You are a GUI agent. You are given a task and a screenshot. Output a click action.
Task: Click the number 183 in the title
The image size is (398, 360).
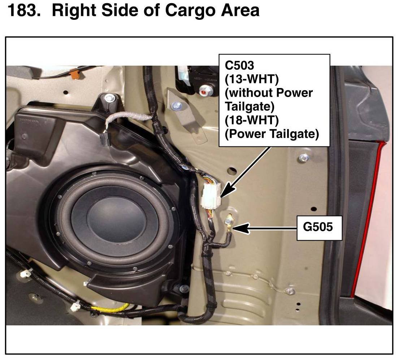tap(24, 10)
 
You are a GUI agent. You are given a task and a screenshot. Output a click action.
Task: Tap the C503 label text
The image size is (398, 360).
tap(239, 65)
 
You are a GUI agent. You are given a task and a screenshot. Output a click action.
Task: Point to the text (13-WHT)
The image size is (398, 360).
tap(251, 79)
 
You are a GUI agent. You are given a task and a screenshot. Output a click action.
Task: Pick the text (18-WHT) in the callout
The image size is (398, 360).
tap(251, 120)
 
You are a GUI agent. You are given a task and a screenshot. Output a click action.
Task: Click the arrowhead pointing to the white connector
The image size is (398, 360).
tap(227, 190)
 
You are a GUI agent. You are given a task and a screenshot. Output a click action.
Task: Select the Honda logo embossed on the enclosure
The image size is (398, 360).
tap(30, 121)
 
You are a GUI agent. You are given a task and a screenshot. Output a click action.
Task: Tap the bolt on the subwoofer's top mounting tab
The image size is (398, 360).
tap(109, 98)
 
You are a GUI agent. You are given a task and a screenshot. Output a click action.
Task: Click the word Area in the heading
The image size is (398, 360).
tap(241, 10)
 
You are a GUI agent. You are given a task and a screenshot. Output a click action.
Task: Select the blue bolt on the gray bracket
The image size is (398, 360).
tap(176, 105)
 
